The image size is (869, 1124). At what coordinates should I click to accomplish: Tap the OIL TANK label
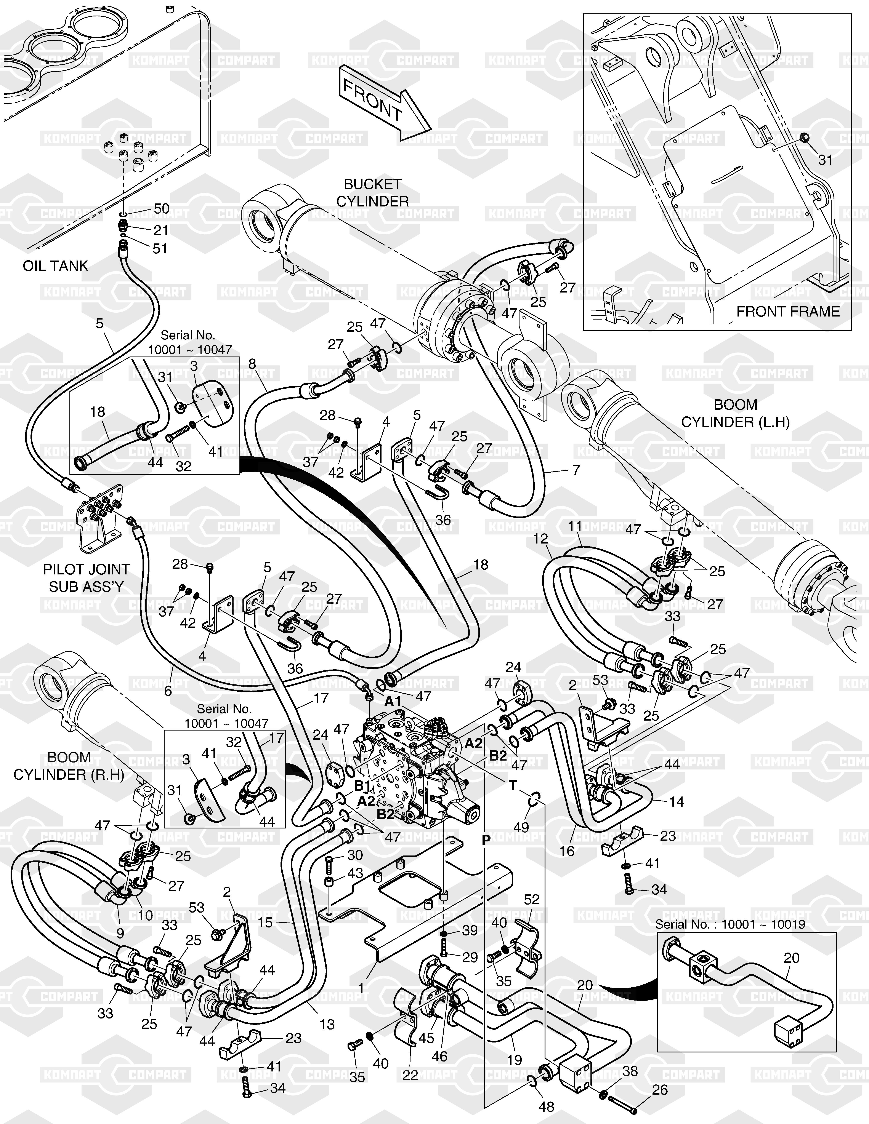tap(56, 266)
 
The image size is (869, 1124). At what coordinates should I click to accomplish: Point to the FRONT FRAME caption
tap(788, 311)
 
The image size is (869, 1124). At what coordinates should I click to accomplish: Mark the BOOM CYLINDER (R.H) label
tap(69, 766)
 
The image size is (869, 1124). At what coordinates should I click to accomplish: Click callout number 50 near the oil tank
tap(162, 209)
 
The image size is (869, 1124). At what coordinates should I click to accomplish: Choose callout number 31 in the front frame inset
tap(825, 160)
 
